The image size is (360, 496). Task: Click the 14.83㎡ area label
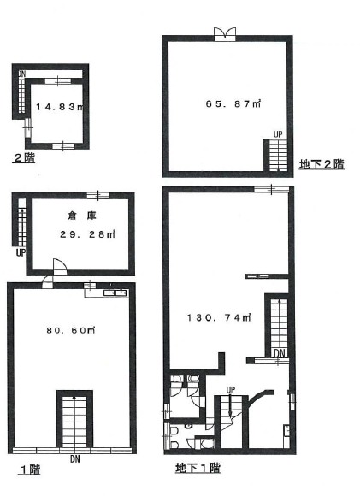click(60, 107)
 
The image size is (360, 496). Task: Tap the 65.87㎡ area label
click(233, 103)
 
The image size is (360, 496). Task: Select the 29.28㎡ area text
click(87, 234)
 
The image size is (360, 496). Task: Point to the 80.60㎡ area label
click(71, 330)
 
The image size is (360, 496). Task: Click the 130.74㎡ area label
click(219, 317)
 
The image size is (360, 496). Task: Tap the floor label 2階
click(24, 157)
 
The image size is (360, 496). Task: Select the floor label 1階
click(30, 469)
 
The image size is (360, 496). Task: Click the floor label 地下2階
click(322, 164)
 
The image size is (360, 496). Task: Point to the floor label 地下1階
click(198, 468)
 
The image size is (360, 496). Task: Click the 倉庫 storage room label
click(81, 216)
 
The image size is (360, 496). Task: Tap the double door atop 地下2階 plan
click(225, 34)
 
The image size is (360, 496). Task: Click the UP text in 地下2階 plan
click(278, 134)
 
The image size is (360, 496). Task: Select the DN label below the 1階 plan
click(75, 458)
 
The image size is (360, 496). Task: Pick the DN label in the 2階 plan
click(21, 74)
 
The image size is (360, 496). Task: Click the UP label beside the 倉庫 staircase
click(21, 253)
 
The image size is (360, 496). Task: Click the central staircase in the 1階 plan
click(74, 421)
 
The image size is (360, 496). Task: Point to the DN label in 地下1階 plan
click(280, 353)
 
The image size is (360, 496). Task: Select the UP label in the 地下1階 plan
click(231, 390)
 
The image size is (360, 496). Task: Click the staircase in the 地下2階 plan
click(279, 155)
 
